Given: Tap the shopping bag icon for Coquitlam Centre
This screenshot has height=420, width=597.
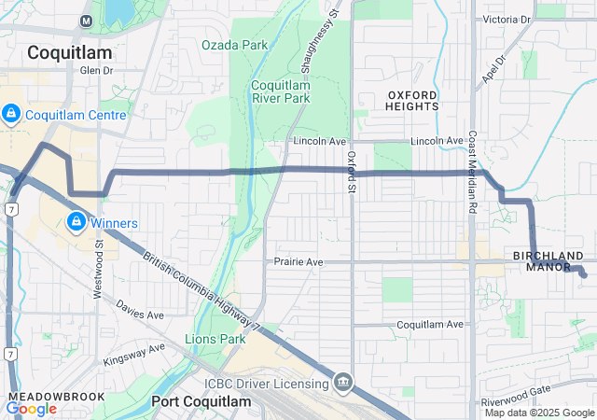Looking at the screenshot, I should tap(11, 115).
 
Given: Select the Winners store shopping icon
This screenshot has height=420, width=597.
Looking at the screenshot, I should tap(76, 222).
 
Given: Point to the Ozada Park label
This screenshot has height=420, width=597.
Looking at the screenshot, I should tap(234, 45).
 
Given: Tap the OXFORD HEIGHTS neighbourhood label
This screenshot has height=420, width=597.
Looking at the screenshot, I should tap(412, 100).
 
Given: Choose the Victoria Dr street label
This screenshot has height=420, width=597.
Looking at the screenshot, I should tap(507, 19).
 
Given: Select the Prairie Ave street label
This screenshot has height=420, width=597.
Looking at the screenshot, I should tap(298, 263).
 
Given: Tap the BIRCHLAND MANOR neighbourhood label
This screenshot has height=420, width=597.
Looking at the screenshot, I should tap(548, 261).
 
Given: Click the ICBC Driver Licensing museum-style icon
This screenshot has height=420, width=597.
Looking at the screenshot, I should tap(343, 383).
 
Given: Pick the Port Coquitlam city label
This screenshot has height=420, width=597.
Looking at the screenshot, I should tap(201, 401).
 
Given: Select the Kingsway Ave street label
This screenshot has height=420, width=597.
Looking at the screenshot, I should tap(133, 353).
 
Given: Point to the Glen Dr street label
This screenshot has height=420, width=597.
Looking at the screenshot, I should tap(96, 70).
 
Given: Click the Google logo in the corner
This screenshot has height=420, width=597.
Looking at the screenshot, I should tap(31, 408).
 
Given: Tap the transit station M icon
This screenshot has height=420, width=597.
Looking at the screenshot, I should tap(87, 21).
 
